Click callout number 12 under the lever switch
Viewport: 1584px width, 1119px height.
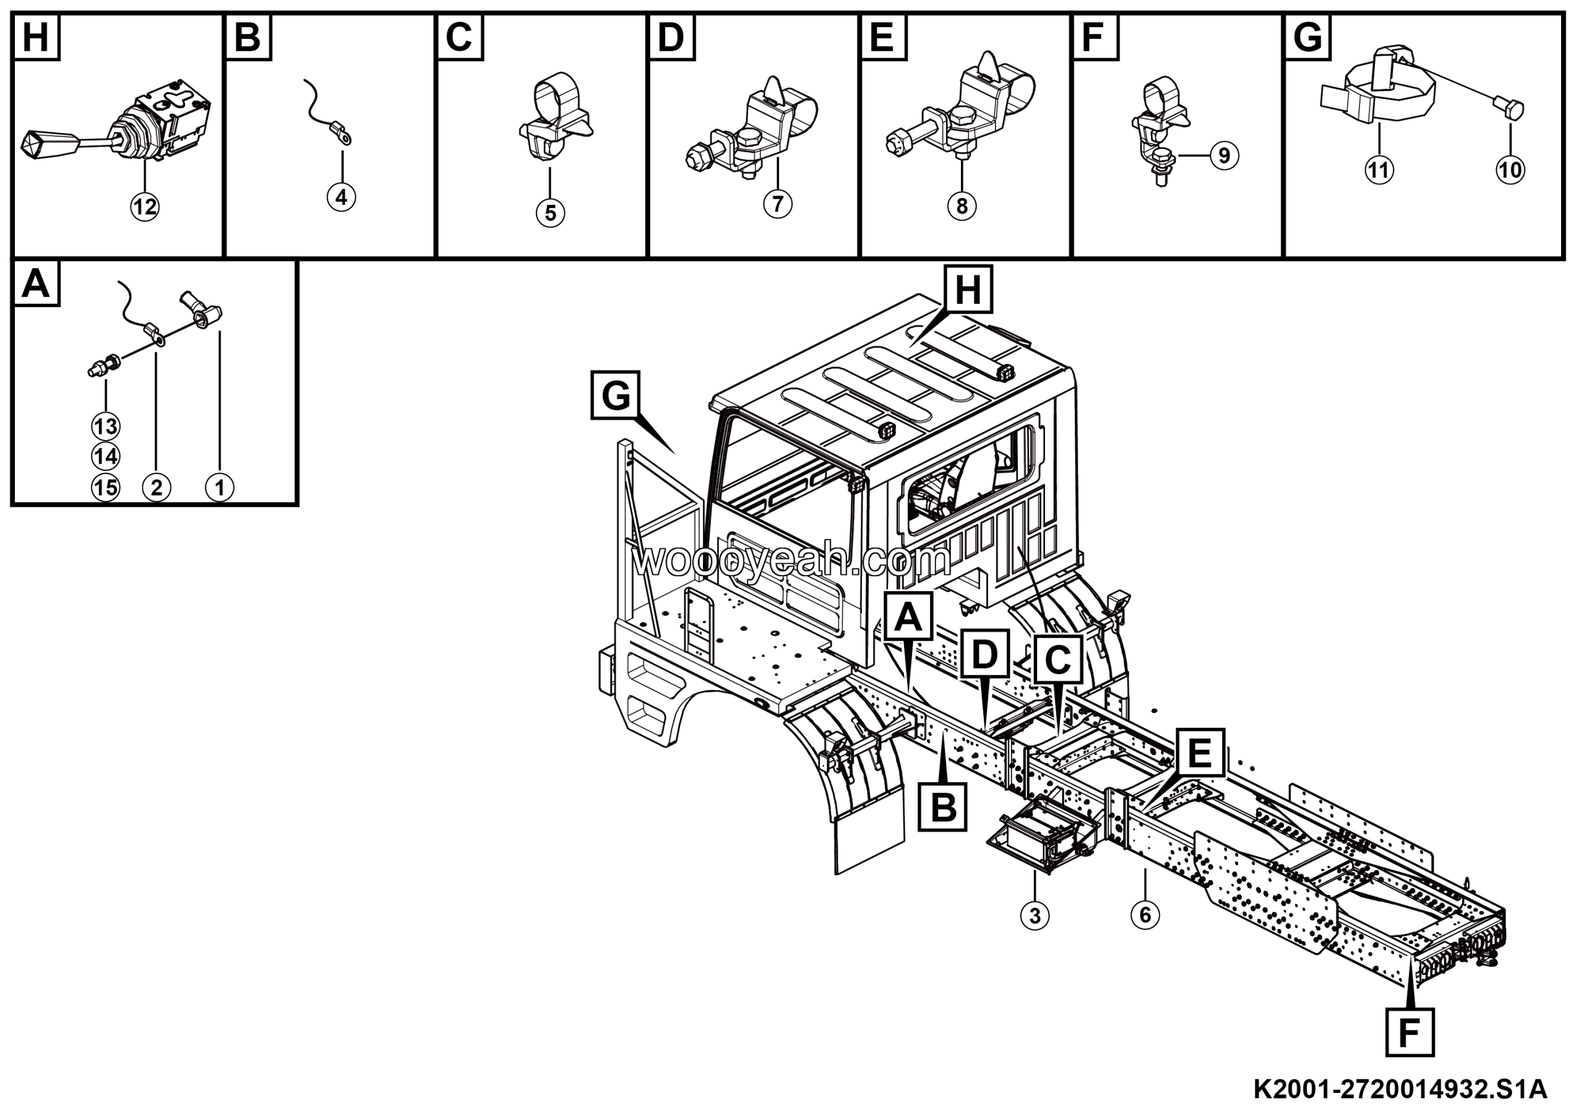point(145,206)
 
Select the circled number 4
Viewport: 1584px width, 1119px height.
point(342,197)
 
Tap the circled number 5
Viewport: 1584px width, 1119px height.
point(550,212)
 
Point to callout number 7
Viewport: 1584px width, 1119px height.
point(778,204)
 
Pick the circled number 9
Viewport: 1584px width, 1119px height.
point(1224,155)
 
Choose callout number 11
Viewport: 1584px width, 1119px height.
point(1379,169)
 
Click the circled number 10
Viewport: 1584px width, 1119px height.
point(1510,169)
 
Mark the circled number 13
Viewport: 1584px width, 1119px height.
point(106,426)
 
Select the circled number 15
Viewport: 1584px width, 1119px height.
point(106,488)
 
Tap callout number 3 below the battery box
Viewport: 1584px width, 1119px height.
point(1034,916)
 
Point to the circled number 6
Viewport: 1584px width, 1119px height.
point(1145,915)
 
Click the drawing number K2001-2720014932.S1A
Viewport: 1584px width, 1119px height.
point(1400,1090)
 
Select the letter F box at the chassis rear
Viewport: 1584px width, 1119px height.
point(1410,1033)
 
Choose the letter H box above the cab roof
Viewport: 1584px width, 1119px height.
point(968,289)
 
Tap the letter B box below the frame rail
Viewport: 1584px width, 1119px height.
point(943,806)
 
